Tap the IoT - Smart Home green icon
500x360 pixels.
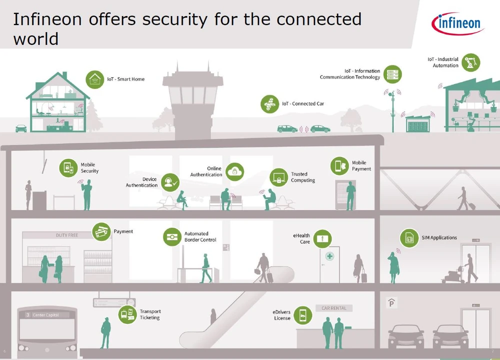[95, 79]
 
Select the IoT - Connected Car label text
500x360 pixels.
[303, 104]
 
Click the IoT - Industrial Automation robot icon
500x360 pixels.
[470, 62]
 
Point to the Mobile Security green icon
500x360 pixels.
[68, 168]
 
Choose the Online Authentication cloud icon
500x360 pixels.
[234, 171]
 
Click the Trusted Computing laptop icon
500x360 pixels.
[279, 177]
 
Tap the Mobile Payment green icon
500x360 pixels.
[340, 166]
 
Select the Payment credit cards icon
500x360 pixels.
[101, 232]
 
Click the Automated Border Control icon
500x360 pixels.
[172, 237]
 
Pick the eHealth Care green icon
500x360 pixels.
[322, 239]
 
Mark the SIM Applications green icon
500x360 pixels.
[409, 238]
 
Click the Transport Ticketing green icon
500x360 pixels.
[128, 314]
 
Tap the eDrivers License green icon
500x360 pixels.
[302, 315]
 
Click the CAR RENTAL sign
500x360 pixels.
[334, 308]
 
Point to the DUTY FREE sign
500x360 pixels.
[67, 235]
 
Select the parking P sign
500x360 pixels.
[392, 303]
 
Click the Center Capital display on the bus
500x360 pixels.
[45, 315]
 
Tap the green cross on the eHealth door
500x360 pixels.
[329, 256]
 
